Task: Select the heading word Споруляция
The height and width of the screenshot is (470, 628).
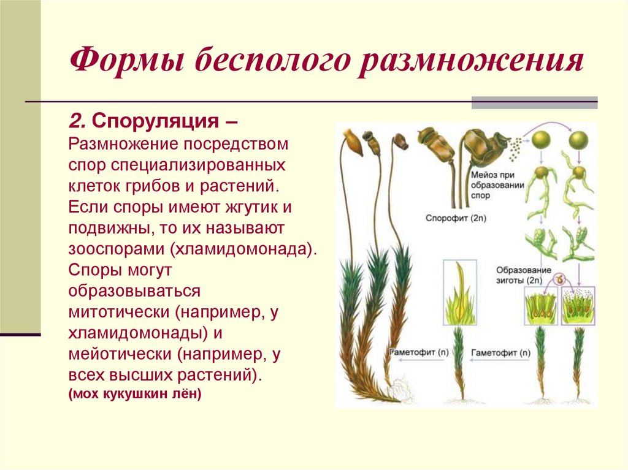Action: pos(156,121)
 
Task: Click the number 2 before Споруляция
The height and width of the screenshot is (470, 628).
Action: pos(76,121)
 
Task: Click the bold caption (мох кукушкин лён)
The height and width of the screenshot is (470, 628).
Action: pos(135,394)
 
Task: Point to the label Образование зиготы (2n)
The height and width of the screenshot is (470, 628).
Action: pos(520,275)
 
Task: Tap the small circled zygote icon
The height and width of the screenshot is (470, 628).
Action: pos(559,279)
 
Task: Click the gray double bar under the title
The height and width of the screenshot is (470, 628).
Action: pos(534,102)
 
